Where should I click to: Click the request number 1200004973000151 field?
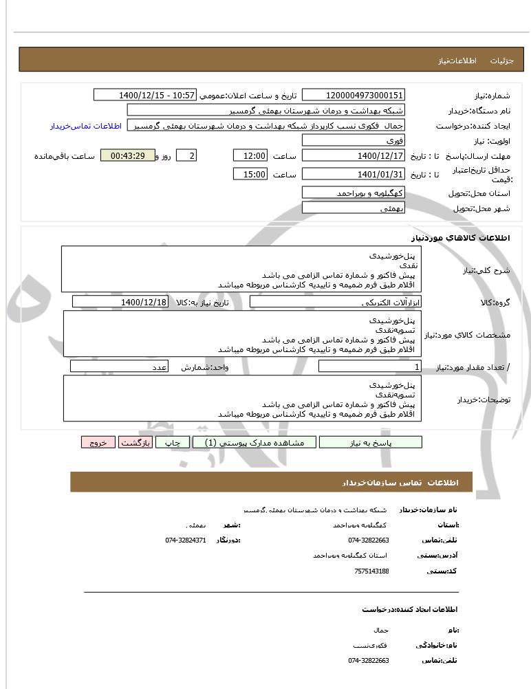click(x=354, y=95)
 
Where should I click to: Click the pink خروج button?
click(x=98, y=442)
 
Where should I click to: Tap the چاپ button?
click(x=172, y=442)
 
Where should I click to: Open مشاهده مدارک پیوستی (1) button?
click(x=254, y=442)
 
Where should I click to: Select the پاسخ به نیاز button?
click(x=370, y=442)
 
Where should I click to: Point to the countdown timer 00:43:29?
click(x=127, y=156)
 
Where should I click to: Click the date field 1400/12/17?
click(x=354, y=156)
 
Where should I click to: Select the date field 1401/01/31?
click(x=354, y=174)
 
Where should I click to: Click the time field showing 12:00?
click(x=250, y=156)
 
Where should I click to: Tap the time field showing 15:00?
click(x=250, y=174)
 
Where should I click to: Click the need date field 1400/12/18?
click(x=120, y=302)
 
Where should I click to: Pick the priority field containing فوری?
click(x=354, y=140)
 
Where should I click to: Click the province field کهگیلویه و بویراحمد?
click(x=354, y=193)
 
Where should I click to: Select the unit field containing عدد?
click(x=120, y=367)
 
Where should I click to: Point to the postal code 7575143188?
click(x=371, y=571)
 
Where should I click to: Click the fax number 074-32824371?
click(x=186, y=540)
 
